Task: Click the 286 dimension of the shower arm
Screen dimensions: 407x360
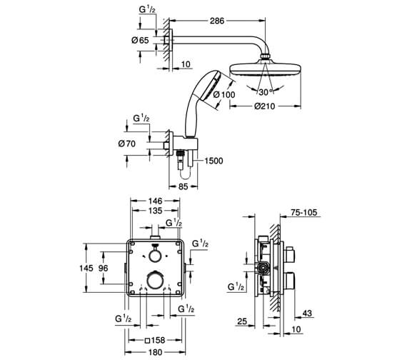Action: click(217, 21)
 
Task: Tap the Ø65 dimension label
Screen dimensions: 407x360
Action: click(140, 40)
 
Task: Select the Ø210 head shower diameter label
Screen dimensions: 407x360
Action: click(264, 106)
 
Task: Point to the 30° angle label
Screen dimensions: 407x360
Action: click(266, 91)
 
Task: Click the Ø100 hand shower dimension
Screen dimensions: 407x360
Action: click(224, 94)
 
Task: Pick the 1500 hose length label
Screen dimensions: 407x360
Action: click(213, 161)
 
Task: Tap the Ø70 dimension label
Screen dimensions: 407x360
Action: click(127, 144)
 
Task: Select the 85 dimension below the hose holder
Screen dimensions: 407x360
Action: click(184, 186)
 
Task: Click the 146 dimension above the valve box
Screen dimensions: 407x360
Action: click(155, 201)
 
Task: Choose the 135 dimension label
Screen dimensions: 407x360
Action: click(155, 211)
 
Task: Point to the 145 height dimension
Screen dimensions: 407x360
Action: click(86, 268)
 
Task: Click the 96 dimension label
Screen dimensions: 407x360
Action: click(103, 268)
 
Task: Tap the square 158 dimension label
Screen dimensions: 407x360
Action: click(155, 340)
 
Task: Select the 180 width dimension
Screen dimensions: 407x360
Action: click(155, 352)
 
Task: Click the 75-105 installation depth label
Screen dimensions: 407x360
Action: click(304, 212)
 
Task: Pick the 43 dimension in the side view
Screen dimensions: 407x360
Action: click(307, 314)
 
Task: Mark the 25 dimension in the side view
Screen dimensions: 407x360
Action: click(242, 321)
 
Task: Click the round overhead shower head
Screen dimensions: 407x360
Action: click(266, 69)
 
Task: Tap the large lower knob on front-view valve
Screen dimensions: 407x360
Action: click(156, 281)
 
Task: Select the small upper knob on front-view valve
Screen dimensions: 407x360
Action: click(155, 254)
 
